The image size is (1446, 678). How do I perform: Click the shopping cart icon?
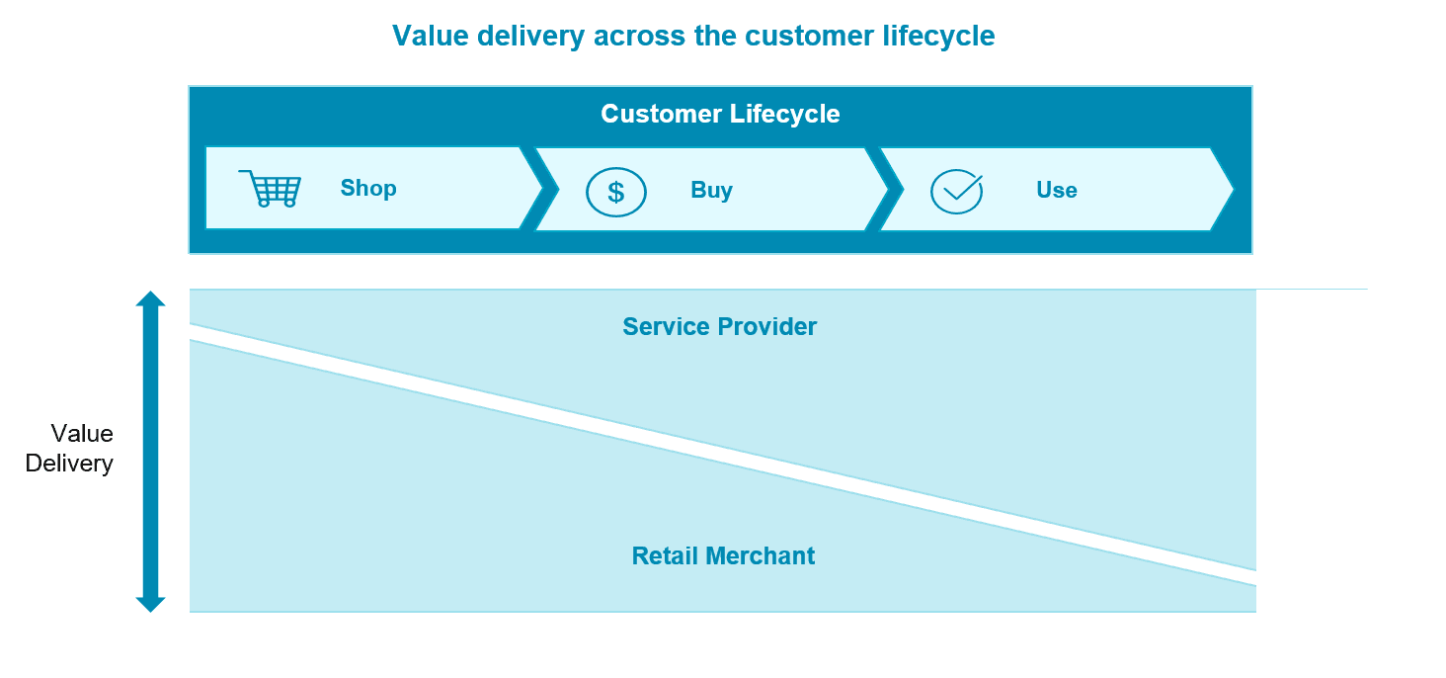(270, 188)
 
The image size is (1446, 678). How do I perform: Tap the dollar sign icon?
(616, 191)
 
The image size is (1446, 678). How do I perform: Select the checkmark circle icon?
(957, 191)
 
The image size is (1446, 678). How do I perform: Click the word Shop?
(368, 188)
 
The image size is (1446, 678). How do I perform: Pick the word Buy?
(711, 191)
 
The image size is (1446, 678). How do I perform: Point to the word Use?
(1056, 191)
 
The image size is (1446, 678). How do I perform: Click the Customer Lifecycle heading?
(720, 114)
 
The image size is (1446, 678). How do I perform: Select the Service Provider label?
(719, 327)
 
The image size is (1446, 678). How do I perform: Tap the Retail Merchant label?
(723, 556)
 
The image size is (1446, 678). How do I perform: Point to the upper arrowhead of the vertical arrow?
(150, 298)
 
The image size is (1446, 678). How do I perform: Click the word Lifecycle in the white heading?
(785, 114)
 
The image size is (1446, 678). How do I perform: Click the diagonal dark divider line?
(721, 455)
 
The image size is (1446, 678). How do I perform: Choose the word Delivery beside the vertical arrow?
(69, 464)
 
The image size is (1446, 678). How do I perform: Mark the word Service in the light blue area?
(664, 327)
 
